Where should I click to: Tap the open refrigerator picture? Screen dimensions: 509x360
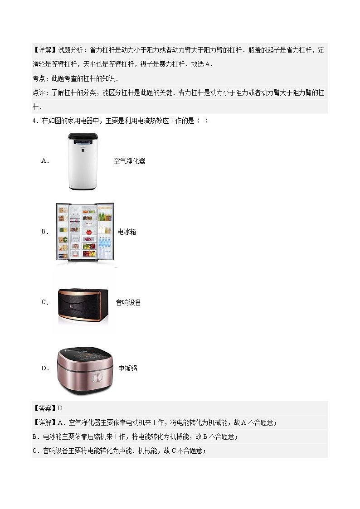tap(85, 232)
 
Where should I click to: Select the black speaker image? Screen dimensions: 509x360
tap(84, 303)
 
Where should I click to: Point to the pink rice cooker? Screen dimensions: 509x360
tap(84, 369)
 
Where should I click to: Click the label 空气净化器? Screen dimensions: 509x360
tap(129, 161)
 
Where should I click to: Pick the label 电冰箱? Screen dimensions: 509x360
tap(126, 232)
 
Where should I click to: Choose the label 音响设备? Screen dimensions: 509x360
tap(128, 302)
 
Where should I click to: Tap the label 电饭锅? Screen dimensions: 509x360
tap(127, 368)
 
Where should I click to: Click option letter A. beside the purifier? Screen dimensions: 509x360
tap(45, 161)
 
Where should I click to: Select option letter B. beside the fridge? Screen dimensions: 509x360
tap(45, 232)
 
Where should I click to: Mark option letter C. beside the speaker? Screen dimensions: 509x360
tap(45, 302)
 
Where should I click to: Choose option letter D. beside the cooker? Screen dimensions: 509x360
tap(45, 368)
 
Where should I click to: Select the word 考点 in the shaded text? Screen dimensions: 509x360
tap(39, 78)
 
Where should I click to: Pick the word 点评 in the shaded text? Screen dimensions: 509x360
tap(39, 92)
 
